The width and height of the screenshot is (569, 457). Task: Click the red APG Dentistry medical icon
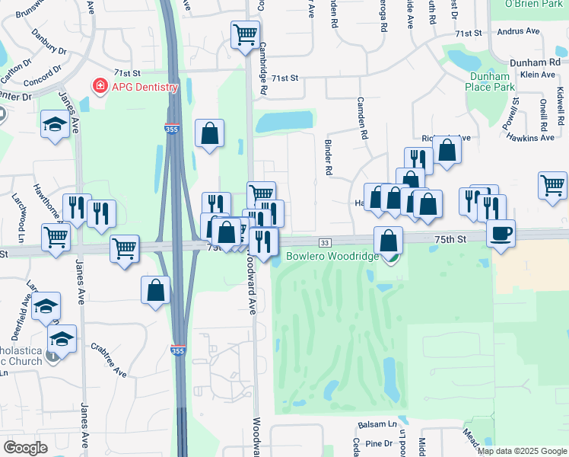click(x=99, y=86)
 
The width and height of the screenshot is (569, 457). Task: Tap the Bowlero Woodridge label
click(x=332, y=257)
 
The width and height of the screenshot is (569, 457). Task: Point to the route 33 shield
click(x=325, y=242)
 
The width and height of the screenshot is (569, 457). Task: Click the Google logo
click(x=25, y=448)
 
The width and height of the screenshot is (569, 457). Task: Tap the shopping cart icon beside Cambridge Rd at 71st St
click(x=245, y=34)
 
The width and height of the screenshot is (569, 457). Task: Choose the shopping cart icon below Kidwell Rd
click(x=552, y=184)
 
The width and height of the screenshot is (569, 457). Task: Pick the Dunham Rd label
click(x=540, y=62)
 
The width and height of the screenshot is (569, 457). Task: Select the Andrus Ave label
click(x=517, y=32)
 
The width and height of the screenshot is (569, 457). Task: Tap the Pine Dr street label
click(x=378, y=443)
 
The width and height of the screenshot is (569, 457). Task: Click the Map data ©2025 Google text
click(x=521, y=451)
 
